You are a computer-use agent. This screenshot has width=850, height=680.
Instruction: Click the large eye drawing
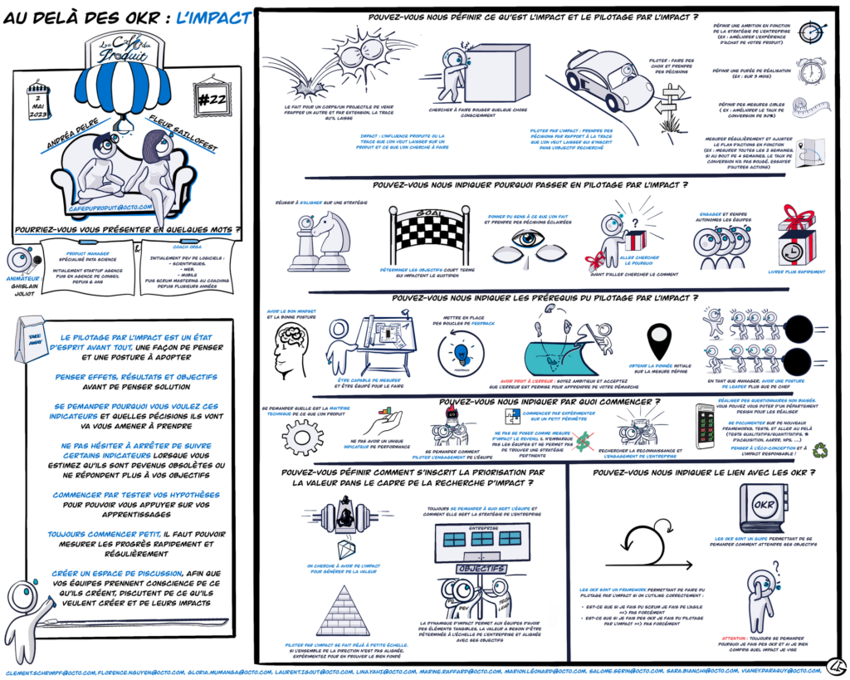pos(530,242)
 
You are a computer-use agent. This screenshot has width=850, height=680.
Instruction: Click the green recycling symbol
pos(821,452)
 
